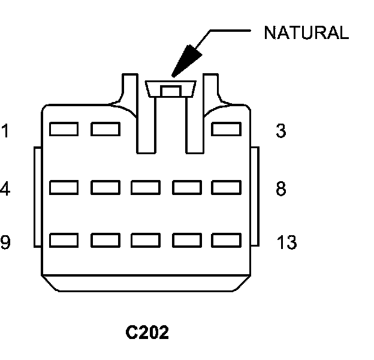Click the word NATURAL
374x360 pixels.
306,33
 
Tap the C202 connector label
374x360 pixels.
147,332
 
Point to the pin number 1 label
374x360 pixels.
5,131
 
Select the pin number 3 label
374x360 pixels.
280,131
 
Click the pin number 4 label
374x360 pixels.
5,189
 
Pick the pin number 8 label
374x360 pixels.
280,189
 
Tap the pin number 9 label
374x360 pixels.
5,242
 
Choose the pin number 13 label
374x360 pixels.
286,242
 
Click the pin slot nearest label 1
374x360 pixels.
64,129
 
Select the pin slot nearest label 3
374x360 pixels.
227,129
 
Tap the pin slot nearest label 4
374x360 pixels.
64,188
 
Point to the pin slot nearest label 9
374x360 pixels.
64,241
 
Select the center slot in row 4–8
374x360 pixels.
146,188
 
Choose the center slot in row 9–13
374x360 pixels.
146,241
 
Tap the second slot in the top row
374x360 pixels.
105,129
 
